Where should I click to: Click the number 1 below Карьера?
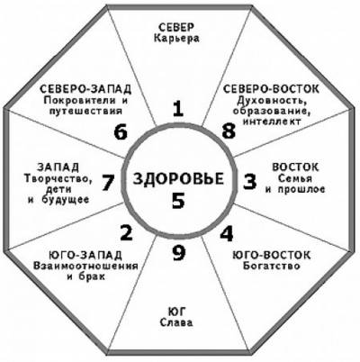[178, 109]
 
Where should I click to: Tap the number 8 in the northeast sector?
[229, 131]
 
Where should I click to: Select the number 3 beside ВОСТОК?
[249, 182]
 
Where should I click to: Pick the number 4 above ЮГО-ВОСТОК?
[227, 233]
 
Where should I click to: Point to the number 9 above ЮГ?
[179, 253]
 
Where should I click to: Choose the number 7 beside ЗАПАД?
[108, 183]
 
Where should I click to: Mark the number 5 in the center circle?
[178, 201]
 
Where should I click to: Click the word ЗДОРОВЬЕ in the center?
[178, 179]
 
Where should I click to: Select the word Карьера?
[176, 39]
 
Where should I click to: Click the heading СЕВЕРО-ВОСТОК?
[272, 89]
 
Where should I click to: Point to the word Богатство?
[272, 266]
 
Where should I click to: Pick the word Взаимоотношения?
[85, 266]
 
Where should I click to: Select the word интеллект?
[272, 122]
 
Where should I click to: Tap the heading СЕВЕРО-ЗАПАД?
[85, 89]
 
